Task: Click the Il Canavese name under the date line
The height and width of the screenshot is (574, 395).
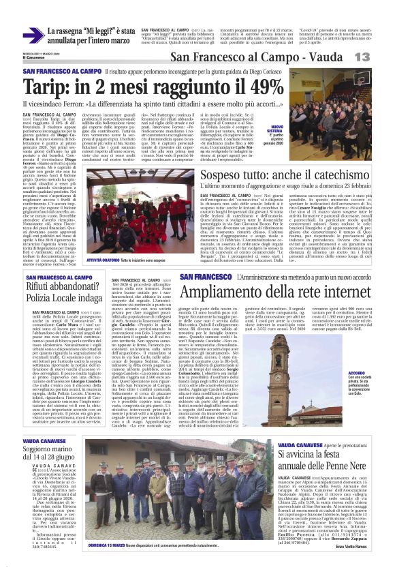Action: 33,57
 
